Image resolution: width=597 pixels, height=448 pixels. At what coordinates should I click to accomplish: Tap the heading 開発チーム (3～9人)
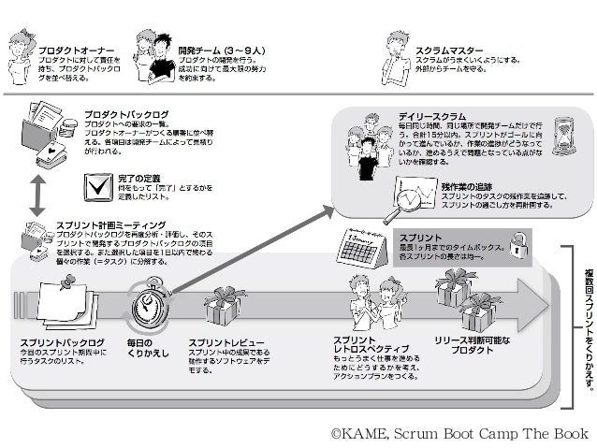point(223,49)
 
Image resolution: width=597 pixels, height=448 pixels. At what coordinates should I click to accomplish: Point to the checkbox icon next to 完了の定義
point(96,187)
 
